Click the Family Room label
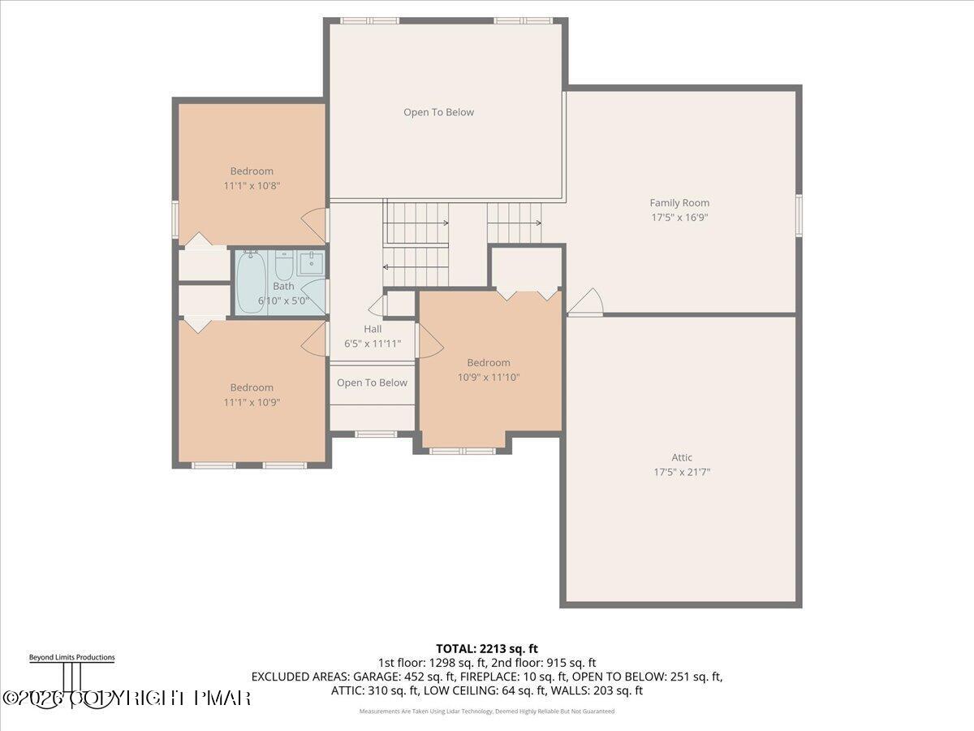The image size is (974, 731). (x=679, y=203)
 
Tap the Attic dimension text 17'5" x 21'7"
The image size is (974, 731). (x=682, y=472)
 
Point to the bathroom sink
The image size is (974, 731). (x=310, y=263)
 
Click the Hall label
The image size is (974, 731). (x=373, y=329)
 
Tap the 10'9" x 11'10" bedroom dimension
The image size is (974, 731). (x=489, y=377)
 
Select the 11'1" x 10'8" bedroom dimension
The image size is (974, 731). (x=252, y=185)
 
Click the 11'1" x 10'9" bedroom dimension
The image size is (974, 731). (x=252, y=402)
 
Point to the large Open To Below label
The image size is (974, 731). (x=438, y=112)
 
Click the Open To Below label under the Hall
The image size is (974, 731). (x=372, y=383)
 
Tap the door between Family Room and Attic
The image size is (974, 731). (x=586, y=304)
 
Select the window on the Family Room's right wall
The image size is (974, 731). (x=799, y=215)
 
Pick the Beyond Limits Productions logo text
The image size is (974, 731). (x=71, y=657)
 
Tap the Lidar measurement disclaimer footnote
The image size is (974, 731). (x=486, y=711)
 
